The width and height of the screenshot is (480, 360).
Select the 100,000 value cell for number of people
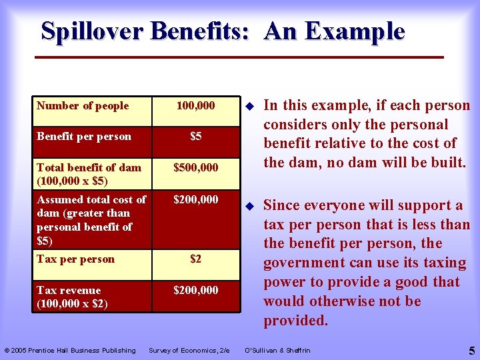pyautogui.click(x=195, y=106)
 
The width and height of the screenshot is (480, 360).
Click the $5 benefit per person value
pyautogui.click(x=195, y=137)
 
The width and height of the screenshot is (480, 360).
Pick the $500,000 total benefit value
pyautogui.click(x=195, y=168)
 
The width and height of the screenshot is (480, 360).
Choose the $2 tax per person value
pyautogui.click(x=195, y=259)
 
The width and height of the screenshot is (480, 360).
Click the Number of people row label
pyautogui.click(x=83, y=106)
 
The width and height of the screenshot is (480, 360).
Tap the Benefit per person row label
pyautogui.click(x=84, y=137)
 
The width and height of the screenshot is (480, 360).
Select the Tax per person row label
pyautogui.click(x=75, y=259)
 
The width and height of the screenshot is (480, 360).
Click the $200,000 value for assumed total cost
pyautogui.click(x=195, y=199)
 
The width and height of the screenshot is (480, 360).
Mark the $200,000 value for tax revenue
pyautogui.click(x=195, y=291)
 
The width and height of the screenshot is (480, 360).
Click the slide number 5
pyautogui.click(x=471, y=349)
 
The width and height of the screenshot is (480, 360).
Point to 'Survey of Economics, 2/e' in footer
pyautogui.click(x=189, y=351)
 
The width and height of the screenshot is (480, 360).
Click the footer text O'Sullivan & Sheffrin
pyautogui.click(x=277, y=351)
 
